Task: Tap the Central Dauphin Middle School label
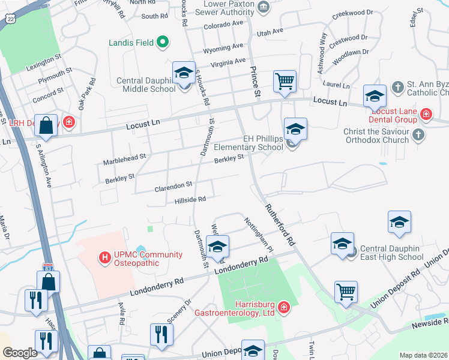[145, 85]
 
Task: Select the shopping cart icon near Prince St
[284, 80]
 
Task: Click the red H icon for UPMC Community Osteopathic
[105, 259]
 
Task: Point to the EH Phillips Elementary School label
[262, 143]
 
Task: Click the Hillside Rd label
[190, 200]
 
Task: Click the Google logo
[20, 353]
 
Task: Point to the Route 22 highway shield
[10, 19]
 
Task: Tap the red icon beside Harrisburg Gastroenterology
[283, 308]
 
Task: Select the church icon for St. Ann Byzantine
[397, 88]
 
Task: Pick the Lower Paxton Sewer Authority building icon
[263, 7]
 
